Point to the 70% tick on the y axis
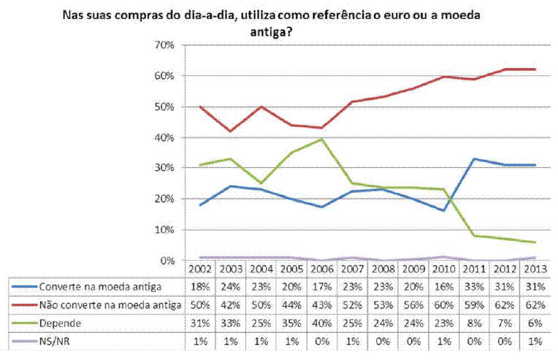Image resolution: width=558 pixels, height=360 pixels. point(164,45)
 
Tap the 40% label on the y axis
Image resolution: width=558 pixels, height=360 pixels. point(164,137)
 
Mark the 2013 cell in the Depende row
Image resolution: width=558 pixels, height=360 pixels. point(532,321)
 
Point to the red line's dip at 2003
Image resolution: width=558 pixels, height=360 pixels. point(230,131)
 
